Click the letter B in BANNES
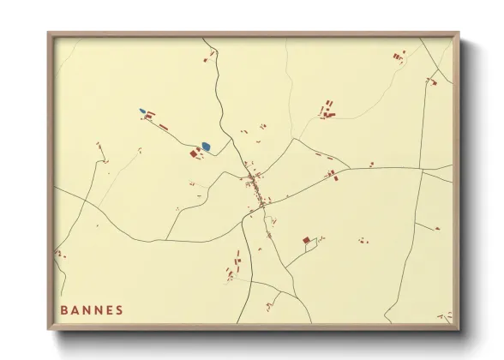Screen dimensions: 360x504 [64, 310]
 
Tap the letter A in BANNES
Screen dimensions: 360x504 [76, 310]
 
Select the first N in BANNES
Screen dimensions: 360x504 [88, 310]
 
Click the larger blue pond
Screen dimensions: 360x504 [205, 147]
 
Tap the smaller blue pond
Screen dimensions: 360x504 [142, 111]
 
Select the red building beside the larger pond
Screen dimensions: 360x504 [194, 153]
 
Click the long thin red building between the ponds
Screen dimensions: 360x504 [163, 126]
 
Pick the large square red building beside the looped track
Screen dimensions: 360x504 [306, 241]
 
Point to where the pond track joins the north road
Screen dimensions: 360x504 [227, 140]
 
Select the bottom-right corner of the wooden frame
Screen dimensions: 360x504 [458, 328]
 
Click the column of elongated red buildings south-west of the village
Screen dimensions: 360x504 [233, 266]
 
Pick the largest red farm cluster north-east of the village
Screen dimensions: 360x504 [327, 110]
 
